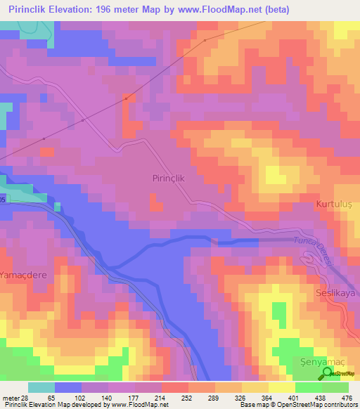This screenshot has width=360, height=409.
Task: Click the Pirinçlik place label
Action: [168, 178]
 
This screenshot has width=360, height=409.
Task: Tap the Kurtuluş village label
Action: [333, 204]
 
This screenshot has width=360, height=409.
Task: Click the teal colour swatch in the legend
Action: [41, 387]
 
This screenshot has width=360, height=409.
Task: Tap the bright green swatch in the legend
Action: [308, 387]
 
